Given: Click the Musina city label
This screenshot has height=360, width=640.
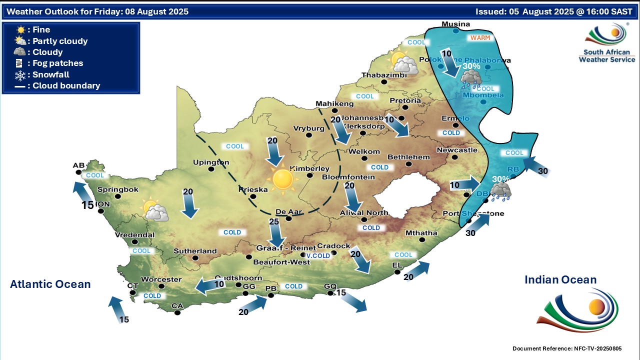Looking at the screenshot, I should point(456,24).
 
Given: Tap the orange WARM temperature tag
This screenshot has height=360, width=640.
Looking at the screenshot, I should point(479,37).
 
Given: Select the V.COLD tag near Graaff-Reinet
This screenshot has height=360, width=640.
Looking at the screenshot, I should point(318,255).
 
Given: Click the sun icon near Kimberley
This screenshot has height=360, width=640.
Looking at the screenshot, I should point(282,179).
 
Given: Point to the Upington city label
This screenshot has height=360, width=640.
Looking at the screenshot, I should point(211,162).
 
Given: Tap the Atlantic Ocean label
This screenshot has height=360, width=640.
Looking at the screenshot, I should point(50,284).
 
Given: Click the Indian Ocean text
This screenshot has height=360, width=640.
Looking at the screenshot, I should point(560,279).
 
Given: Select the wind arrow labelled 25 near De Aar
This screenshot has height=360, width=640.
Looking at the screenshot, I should point(274,232).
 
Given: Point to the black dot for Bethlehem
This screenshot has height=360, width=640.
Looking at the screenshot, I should point(409,163).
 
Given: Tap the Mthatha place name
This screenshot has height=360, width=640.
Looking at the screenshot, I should point(421,232).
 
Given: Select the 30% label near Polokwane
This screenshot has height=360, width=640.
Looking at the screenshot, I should point(471,65).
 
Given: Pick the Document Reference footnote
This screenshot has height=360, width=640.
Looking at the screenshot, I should point(567,348).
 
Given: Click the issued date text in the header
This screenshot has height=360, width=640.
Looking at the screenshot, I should point(555,11).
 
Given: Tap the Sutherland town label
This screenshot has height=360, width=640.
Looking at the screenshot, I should point(195,251).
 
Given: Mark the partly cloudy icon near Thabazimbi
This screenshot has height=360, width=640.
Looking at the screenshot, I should point(404,63).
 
